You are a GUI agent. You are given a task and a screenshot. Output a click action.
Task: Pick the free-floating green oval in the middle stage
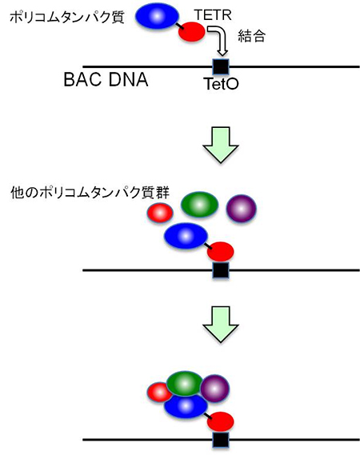(x=200, y=207)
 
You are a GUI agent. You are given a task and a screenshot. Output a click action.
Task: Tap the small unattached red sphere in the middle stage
(x=159, y=214)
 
